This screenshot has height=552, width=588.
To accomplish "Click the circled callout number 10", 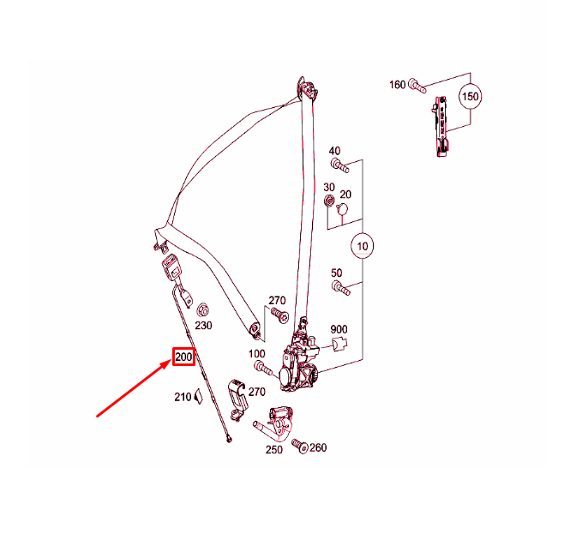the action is pos(363,246).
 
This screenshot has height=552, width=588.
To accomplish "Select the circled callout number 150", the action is pos(471,96).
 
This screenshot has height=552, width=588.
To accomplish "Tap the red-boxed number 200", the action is pos(183,357).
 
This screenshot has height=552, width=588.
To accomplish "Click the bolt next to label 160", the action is pos(417,86).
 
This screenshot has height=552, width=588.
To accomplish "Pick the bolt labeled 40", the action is pos(340,165).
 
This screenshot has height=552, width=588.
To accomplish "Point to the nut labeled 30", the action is pos(329,201).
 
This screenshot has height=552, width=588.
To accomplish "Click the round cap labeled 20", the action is pos(342,209).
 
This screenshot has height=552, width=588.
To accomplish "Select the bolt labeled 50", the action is pos(341,288).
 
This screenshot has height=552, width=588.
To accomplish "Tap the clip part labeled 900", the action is pos(339,345).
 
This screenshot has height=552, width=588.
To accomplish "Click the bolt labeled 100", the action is pos(263,368).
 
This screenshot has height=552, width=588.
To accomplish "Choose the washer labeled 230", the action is pos(203,310).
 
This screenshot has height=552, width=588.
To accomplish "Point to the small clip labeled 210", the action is pos(198,397).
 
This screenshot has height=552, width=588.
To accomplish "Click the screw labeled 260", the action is pos(300,446).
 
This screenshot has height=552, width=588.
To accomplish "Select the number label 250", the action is pos(273,450).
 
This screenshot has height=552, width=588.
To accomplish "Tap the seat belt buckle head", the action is pos(172,267).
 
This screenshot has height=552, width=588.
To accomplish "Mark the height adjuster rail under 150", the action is pos(441,126).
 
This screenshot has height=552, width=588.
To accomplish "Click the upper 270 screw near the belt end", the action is pos(279,315).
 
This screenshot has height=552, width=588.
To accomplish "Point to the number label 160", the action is pos(397,85).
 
